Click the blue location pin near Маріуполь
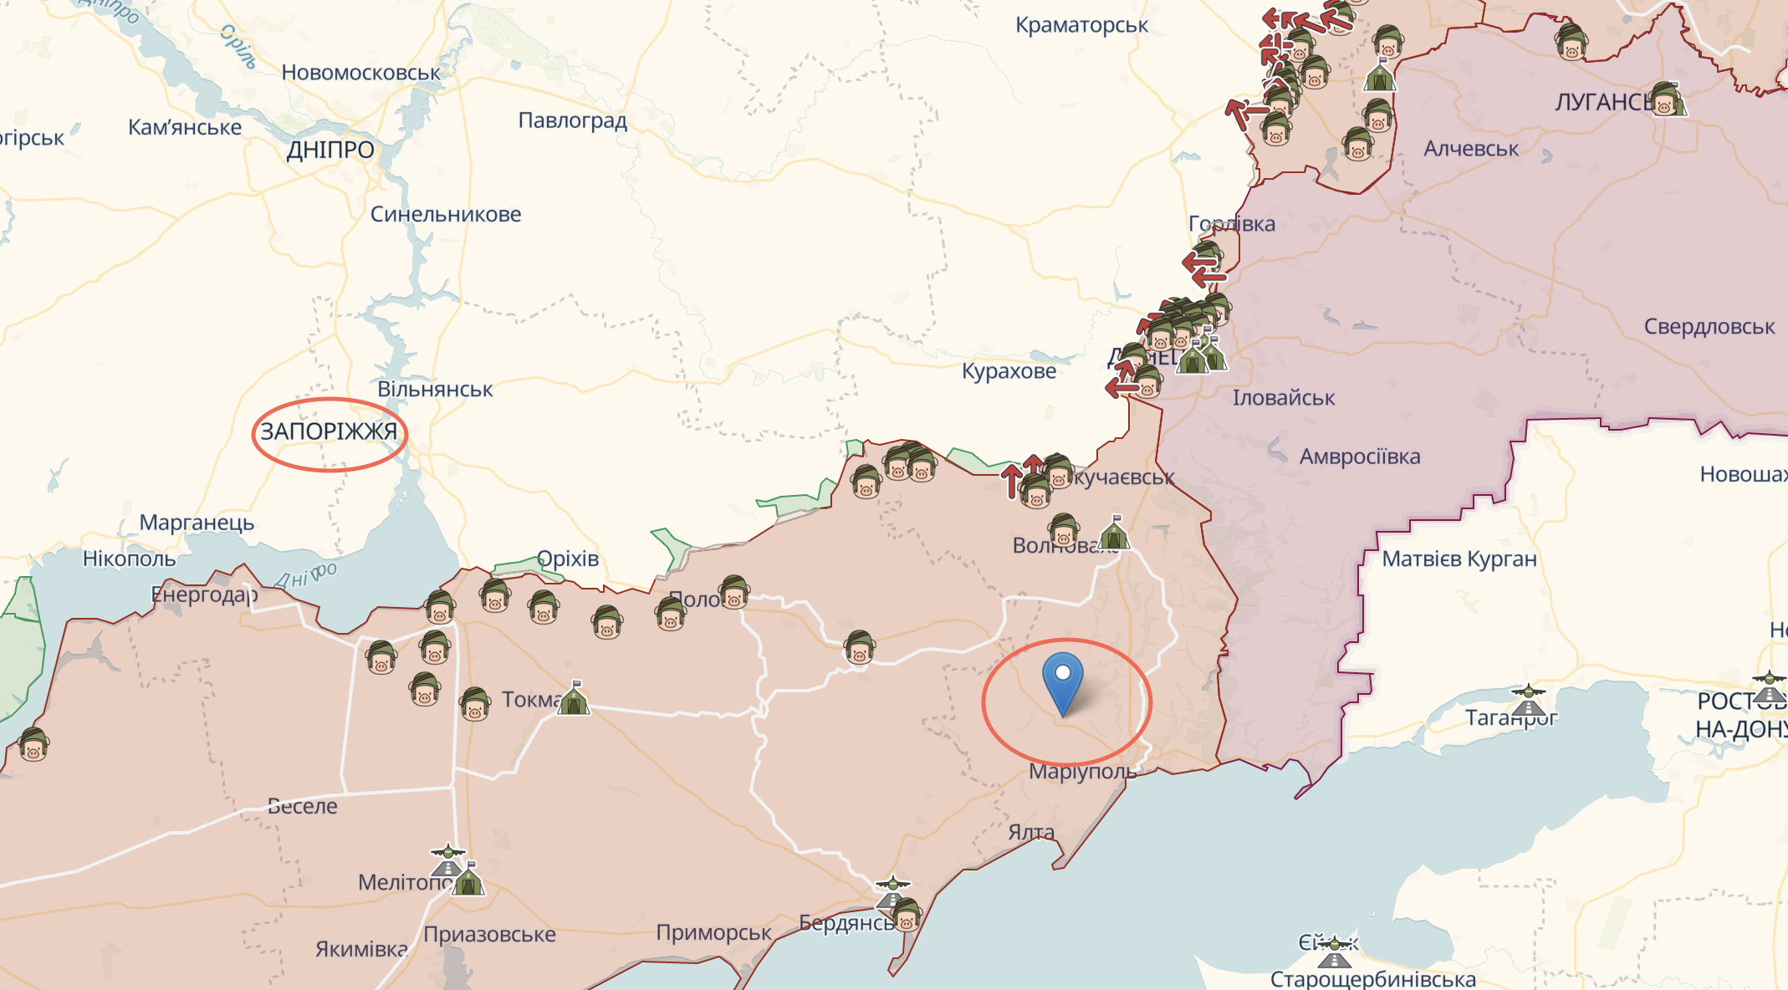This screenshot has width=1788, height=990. click(x=1063, y=679)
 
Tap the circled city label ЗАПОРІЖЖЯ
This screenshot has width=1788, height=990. click(x=329, y=432)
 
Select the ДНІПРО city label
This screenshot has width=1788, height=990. click(x=330, y=151)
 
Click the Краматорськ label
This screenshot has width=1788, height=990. click(x=1081, y=25)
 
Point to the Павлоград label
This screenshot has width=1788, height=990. click(x=572, y=120)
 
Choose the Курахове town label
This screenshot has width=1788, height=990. click(x=1009, y=371)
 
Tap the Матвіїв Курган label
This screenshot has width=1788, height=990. click(x=1458, y=559)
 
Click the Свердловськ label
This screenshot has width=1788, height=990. click(x=1709, y=327)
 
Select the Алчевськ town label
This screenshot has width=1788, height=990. click(x=1471, y=149)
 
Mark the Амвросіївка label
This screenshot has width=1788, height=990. click(x=1359, y=457)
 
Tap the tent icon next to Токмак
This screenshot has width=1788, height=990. click(x=574, y=699)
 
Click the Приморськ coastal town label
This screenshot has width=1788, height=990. click(x=713, y=932)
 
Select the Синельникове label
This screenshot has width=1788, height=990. click(x=446, y=214)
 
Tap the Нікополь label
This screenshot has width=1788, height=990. click(x=129, y=559)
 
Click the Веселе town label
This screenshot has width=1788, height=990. click(x=302, y=806)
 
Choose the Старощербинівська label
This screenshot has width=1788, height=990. click(x=1372, y=978)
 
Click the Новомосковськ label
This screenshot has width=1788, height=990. click(x=360, y=73)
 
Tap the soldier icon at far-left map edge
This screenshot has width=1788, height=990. click(x=33, y=743)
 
